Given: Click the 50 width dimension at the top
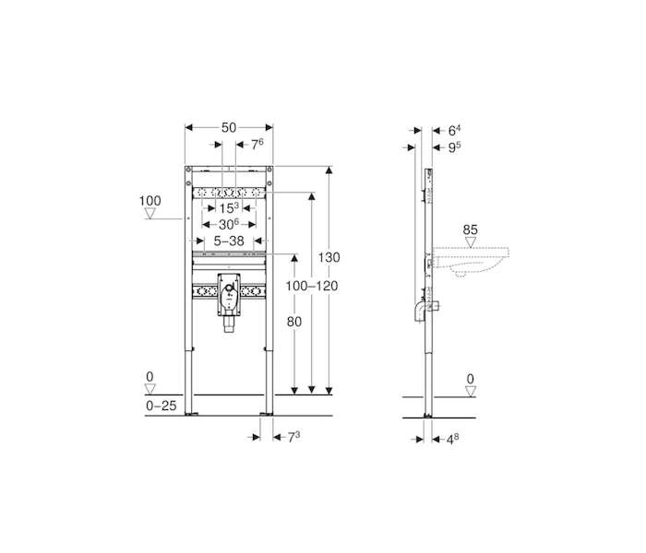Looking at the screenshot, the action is (x=229, y=127).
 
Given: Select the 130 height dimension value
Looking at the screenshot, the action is (x=329, y=257).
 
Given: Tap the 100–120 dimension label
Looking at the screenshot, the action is (x=312, y=286).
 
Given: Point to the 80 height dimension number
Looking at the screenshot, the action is (x=294, y=322).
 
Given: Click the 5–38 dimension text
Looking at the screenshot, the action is (x=229, y=241).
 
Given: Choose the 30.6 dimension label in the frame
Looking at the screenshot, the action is (x=229, y=224).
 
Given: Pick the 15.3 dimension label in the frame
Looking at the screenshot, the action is (x=229, y=207).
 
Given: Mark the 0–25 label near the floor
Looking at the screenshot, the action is (x=161, y=406).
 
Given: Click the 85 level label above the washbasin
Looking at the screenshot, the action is (x=470, y=229).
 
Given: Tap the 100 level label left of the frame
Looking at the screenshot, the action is (x=150, y=201).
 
